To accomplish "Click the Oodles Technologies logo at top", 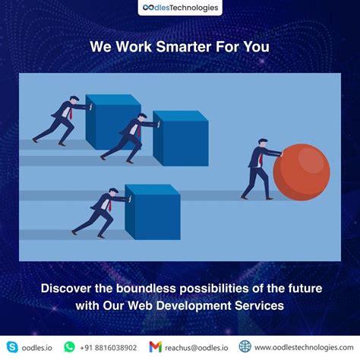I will pos(179,8).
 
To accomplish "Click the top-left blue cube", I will pos(109,121).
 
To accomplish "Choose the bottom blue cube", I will pos(152,209).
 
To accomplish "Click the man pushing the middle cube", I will pos(125,137).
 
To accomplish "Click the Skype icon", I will pos(12,346).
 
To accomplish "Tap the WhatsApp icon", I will pos(70,346).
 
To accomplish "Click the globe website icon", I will pos(245,346).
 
